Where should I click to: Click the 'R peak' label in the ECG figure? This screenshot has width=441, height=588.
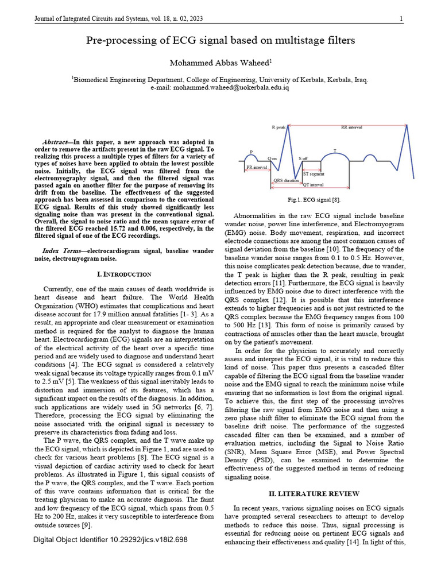[x=278, y=127]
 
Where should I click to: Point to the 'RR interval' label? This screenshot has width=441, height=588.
[x=351, y=127]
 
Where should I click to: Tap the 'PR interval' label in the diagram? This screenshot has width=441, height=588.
[x=256, y=167]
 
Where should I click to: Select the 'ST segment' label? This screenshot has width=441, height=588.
[x=314, y=173]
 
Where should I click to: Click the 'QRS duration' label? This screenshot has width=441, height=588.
[x=285, y=180]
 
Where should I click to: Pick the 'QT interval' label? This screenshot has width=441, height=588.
[x=313, y=185]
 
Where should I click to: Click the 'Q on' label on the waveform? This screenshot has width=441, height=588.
[x=273, y=158]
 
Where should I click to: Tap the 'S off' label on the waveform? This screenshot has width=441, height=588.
[x=303, y=158]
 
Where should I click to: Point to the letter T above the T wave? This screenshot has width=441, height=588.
[x=335, y=150]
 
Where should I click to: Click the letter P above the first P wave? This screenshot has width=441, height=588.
[x=251, y=152]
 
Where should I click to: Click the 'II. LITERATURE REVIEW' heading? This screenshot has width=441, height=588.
[x=314, y=493]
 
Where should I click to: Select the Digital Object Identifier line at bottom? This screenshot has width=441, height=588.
[x=110, y=540]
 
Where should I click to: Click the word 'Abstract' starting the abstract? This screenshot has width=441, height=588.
[x=57, y=142]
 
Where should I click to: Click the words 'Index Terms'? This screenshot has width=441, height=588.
[x=63, y=252]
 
